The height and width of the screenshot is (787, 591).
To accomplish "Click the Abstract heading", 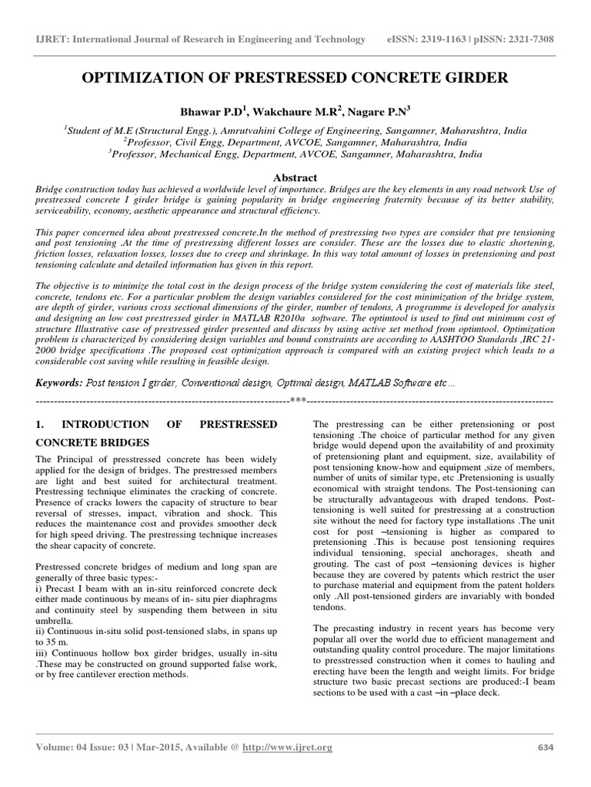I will tap(295, 176).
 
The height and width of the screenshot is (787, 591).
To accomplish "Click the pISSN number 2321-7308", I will tap(528, 39).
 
